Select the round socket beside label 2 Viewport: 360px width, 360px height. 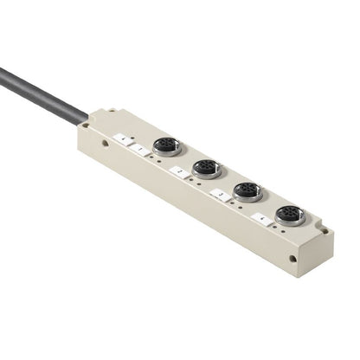(x=205, y=167)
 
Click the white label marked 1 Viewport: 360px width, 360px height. (x=141, y=150)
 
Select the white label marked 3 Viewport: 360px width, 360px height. (x=222, y=196)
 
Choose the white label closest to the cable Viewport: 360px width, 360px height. (x=124, y=139)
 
